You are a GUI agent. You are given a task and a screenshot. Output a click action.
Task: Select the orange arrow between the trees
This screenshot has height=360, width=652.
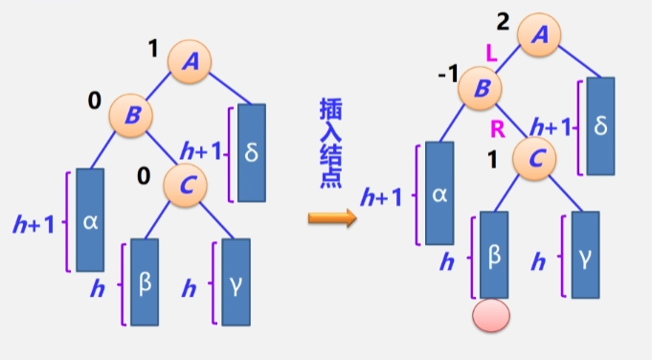[331, 217]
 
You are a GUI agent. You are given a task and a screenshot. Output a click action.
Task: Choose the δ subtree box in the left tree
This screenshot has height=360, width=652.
[251, 152]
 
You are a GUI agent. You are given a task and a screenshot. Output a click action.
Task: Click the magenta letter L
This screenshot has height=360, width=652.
[491, 58]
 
